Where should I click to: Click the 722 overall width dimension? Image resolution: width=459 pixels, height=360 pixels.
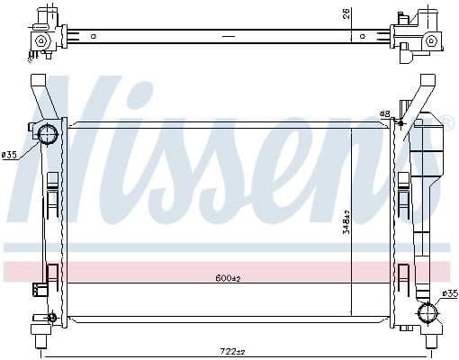coord(234,351)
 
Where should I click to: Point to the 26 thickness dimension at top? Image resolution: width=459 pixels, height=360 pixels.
coord(346,13)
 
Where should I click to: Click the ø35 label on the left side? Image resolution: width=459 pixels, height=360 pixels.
coord(11,155)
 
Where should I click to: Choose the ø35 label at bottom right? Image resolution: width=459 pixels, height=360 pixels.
coord(449,293)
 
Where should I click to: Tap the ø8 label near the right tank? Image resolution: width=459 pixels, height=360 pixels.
coord(384,114)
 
